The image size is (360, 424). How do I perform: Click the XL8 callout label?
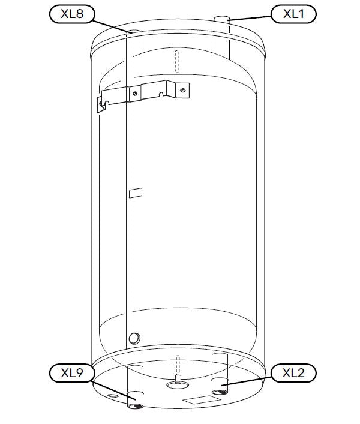tap(72, 14)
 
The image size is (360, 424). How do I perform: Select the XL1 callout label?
tap(293, 14)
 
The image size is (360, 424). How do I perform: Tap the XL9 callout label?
tap(72, 373)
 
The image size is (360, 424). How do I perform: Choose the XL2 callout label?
tap(293, 373)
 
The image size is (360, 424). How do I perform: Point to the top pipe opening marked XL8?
tap(134, 32)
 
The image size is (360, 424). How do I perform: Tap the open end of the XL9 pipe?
tap(134, 406)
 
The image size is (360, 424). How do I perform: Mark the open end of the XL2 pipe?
tap(220, 392)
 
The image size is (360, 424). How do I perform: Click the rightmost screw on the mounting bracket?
tap(183, 90)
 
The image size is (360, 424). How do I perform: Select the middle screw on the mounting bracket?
tap(135, 94)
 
